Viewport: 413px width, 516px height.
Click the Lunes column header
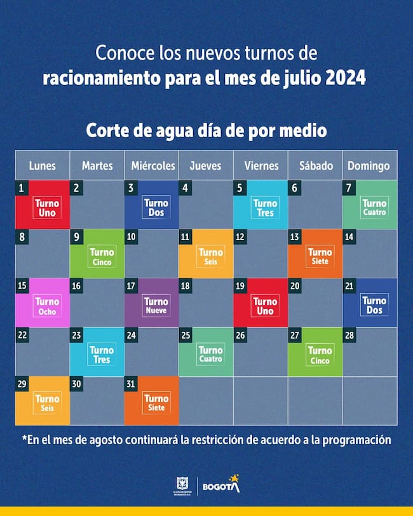42,166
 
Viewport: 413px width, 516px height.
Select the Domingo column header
369,166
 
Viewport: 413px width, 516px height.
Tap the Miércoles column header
152,166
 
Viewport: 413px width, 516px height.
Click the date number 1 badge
22,187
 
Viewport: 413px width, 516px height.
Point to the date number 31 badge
132,383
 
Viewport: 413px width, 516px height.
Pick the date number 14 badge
349,236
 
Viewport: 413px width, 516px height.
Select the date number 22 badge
22,334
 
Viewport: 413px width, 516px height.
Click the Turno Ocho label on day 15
47,306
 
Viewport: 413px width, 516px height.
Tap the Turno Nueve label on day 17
156,306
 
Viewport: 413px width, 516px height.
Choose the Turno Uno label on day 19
266,306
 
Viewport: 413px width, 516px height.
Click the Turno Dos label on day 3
156,208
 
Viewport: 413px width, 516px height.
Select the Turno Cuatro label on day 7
374,208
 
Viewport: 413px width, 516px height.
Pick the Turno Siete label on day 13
320,257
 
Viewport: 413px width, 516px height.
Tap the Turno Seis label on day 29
47,404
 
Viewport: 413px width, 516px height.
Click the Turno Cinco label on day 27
320,355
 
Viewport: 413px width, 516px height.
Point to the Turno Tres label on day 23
102,355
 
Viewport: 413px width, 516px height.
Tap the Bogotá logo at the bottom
221,485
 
